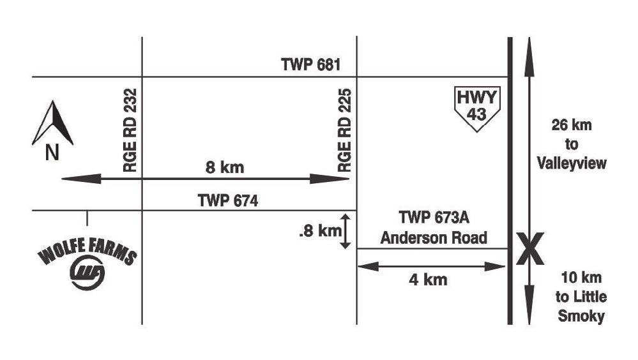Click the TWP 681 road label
(312, 64)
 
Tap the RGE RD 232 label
(132, 131)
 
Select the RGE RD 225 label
(346, 131)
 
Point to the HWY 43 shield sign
(479, 108)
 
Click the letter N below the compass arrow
(52, 154)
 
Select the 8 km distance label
(224, 169)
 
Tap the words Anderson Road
(434, 238)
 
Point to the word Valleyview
(572, 163)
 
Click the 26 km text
(572, 125)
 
